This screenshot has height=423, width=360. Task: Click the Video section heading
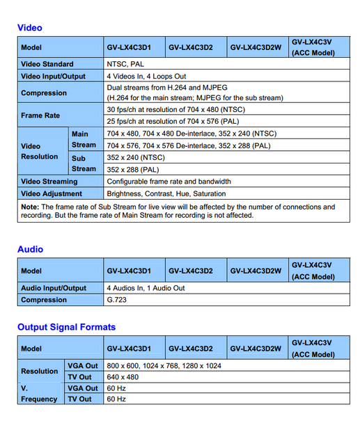[x=30, y=28]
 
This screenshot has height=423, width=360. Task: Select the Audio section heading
[x=30, y=249]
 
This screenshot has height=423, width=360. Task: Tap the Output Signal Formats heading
[x=66, y=327]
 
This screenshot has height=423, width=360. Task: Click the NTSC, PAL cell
[x=126, y=64]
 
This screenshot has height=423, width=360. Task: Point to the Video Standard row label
[x=47, y=64]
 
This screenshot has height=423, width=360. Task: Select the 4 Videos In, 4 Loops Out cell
[x=146, y=76]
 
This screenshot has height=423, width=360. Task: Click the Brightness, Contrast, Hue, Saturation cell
[x=166, y=193]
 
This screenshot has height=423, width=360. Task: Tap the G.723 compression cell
[x=116, y=300]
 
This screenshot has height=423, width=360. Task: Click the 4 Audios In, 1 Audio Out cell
[x=146, y=288]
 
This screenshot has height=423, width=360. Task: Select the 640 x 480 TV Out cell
[x=123, y=376]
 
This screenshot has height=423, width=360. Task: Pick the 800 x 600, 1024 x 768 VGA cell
[x=164, y=365]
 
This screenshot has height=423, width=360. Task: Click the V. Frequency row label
[x=40, y=394]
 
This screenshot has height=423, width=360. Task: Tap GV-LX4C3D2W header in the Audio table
[x=256, y=271]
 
